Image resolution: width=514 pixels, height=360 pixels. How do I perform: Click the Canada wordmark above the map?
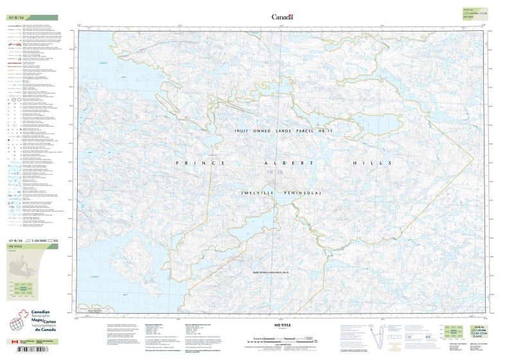point(282,17)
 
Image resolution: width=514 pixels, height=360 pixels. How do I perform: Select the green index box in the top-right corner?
point(473,12)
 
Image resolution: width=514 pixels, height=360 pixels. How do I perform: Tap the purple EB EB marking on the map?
point(275,173)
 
